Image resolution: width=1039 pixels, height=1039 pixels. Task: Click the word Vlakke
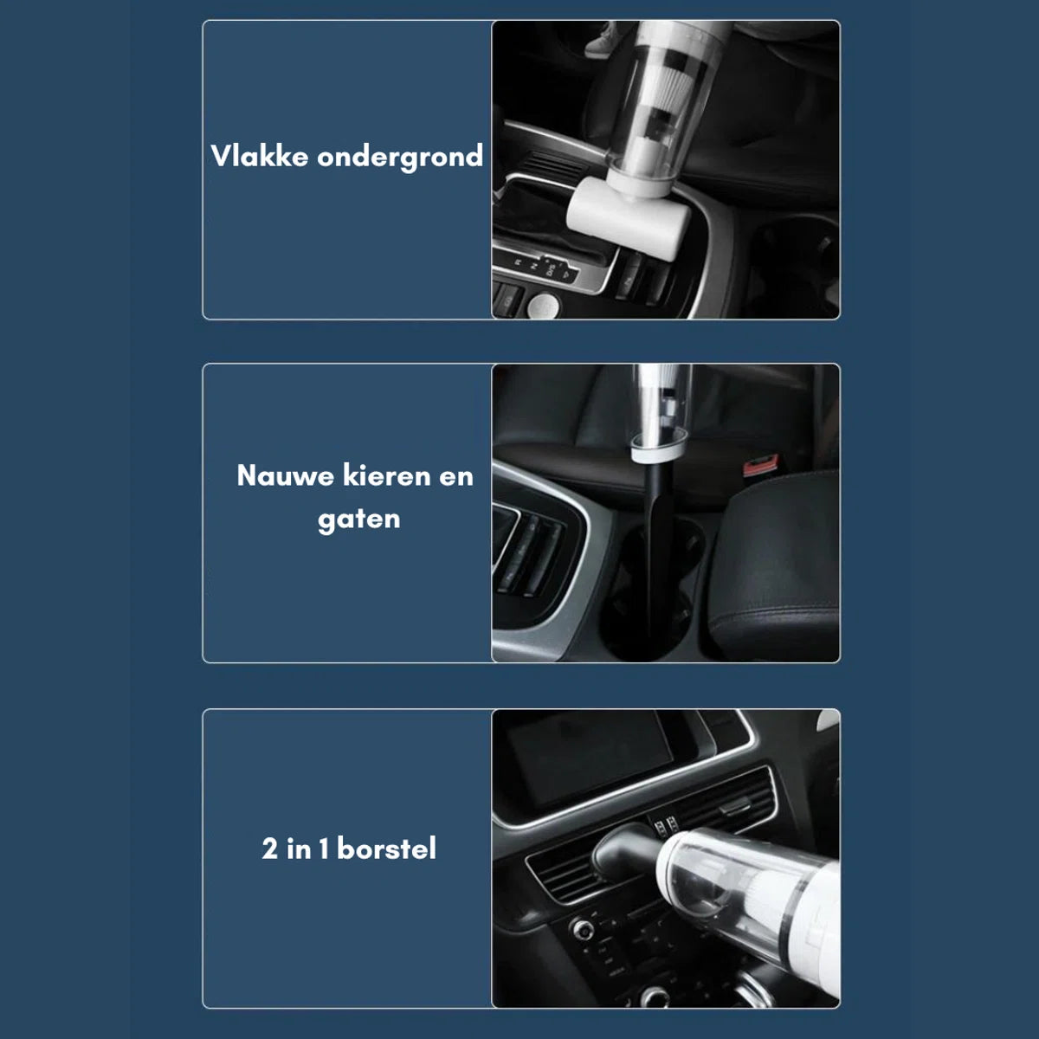point(260,156)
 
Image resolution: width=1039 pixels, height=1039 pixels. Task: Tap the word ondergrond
point(400,158)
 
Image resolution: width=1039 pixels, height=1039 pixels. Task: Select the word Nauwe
point(285,476)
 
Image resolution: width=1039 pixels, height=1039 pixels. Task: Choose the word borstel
point(386,849)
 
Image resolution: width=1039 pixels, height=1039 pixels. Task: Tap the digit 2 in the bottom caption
point(269,849)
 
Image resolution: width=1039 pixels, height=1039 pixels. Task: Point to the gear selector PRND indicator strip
point(542,269)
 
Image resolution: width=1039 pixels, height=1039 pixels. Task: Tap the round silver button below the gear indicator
point(544,307)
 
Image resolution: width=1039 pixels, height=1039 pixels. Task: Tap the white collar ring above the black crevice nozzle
point(658,447)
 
